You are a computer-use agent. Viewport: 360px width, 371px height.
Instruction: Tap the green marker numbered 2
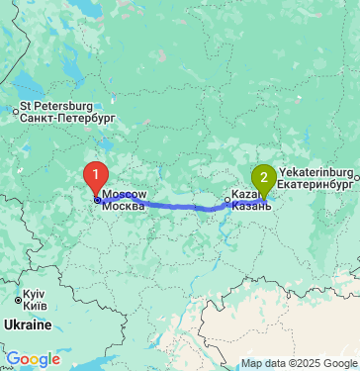[263, 178]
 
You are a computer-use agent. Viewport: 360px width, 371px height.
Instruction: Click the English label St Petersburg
[56, 106]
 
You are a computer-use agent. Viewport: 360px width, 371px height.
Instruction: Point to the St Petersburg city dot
[15, 111]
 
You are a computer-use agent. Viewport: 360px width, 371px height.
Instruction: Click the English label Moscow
[125, 196]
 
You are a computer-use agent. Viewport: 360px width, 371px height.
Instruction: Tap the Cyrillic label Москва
[123, 207]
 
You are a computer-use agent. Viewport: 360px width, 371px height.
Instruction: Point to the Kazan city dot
[227, 201]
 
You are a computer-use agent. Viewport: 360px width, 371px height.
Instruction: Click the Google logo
[33, 359]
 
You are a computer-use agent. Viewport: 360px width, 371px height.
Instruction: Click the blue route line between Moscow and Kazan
[178, 206]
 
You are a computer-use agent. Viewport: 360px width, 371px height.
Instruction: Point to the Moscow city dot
[96, 199]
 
